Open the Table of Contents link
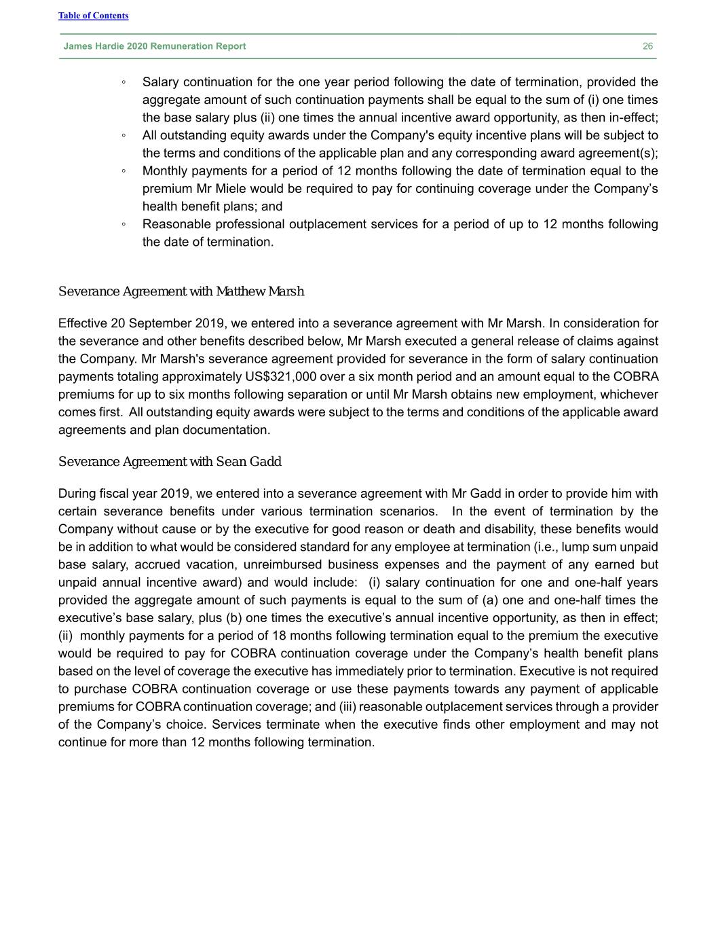pyautogui.click(x=93, y=16)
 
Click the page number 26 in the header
pyautogui.click(x=647, y=46)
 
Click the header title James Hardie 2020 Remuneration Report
pyautogui.click(x=155, y=46)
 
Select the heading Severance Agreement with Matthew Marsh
pyautogui.click(x=181, y=291)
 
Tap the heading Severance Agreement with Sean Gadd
pyautogui.click(x=170, y=462)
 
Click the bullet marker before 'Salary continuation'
pyautogui.click(x=124, y=83)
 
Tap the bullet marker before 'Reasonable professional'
pyautogui.click(x=124, y=225)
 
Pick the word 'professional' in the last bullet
pyautogui.click(x=251, y=224)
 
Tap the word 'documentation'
pyautogui.click(x=229, y=430)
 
